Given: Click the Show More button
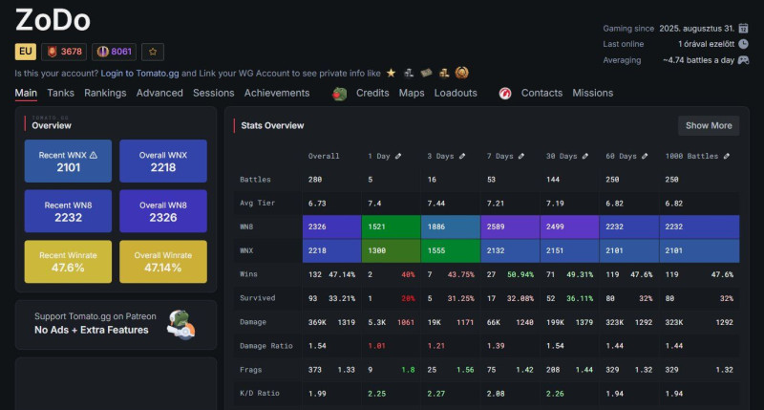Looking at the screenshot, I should [709, 125].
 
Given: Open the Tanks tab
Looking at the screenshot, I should [60, 93].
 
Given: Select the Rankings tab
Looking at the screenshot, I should [105, 93].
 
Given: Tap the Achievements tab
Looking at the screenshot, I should [277, 93].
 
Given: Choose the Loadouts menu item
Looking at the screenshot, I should [456, 93].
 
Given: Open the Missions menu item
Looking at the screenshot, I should [593, 93].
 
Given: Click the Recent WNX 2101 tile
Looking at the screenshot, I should [68, 161].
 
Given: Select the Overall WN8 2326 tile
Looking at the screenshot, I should [163, 210].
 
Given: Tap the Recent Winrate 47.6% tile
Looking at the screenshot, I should [68, 261].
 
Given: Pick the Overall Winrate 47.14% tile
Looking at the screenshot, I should [163, 261].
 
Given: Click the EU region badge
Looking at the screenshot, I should [26, 52].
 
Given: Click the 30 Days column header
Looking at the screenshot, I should [567, 155].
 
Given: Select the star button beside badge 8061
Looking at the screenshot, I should [154, 52].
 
